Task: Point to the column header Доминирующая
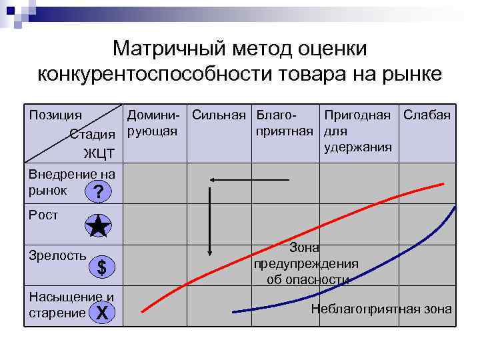(x=153, y=122)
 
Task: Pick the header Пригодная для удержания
(x=357, y=130)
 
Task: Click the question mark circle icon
(x=99, y=193)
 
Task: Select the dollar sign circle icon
(x=101, y=267)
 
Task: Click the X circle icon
(x=101, y=311)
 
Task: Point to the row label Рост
(x=43, y=215)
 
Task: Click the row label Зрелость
(x=57, y=255)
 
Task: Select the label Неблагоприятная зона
(x=381, y=309)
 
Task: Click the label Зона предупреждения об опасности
(x=306, y=263)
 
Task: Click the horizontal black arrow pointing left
(x=249, y=179)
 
